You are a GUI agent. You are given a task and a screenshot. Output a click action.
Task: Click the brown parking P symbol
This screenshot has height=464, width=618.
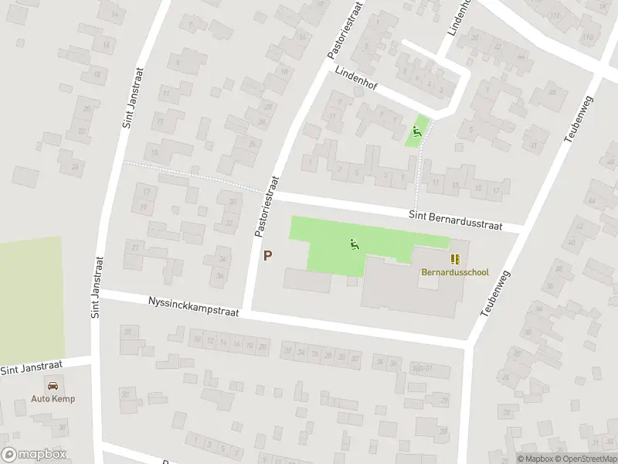pos(268,255)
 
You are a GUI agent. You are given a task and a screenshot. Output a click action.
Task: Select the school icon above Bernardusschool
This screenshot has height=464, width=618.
pos(455,260)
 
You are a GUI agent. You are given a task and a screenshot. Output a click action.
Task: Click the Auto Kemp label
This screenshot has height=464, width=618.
pos(53,399)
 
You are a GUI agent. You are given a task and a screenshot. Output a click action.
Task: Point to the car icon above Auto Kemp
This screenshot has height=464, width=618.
pos(53,385)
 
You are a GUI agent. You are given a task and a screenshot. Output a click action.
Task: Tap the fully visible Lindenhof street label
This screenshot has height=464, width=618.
pos(356,78)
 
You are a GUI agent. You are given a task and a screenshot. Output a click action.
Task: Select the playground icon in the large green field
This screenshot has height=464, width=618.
pos(355,245)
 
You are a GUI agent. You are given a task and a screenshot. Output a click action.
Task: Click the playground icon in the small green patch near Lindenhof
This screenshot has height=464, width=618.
pos(418,132)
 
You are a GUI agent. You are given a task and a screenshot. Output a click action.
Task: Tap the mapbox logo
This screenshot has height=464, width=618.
pos(33,455)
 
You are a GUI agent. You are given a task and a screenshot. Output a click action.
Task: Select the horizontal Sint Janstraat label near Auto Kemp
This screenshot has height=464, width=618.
pos(34,367)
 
